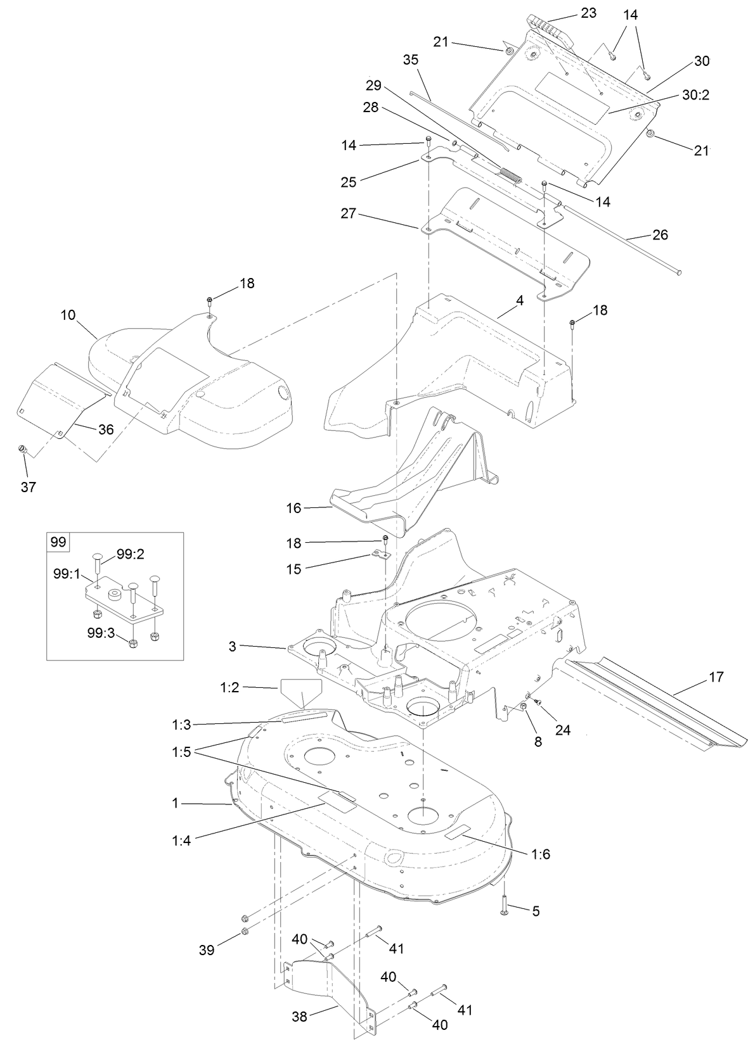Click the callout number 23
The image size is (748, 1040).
[588, 12]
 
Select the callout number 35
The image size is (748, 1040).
[411, 60]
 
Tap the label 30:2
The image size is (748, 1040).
[695, 95]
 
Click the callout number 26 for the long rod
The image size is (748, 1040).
[660, 235]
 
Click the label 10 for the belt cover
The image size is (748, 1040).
[68, 314]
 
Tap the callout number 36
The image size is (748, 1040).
[105, 429]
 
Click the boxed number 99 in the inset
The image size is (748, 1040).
[58, 542]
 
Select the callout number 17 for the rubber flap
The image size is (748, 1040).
[716, 678]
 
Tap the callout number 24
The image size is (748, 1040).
[562, 730]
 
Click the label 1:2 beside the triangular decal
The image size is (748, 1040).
[229, 687]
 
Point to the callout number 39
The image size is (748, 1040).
[207, 950]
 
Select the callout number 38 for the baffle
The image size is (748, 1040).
[299, 1017]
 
